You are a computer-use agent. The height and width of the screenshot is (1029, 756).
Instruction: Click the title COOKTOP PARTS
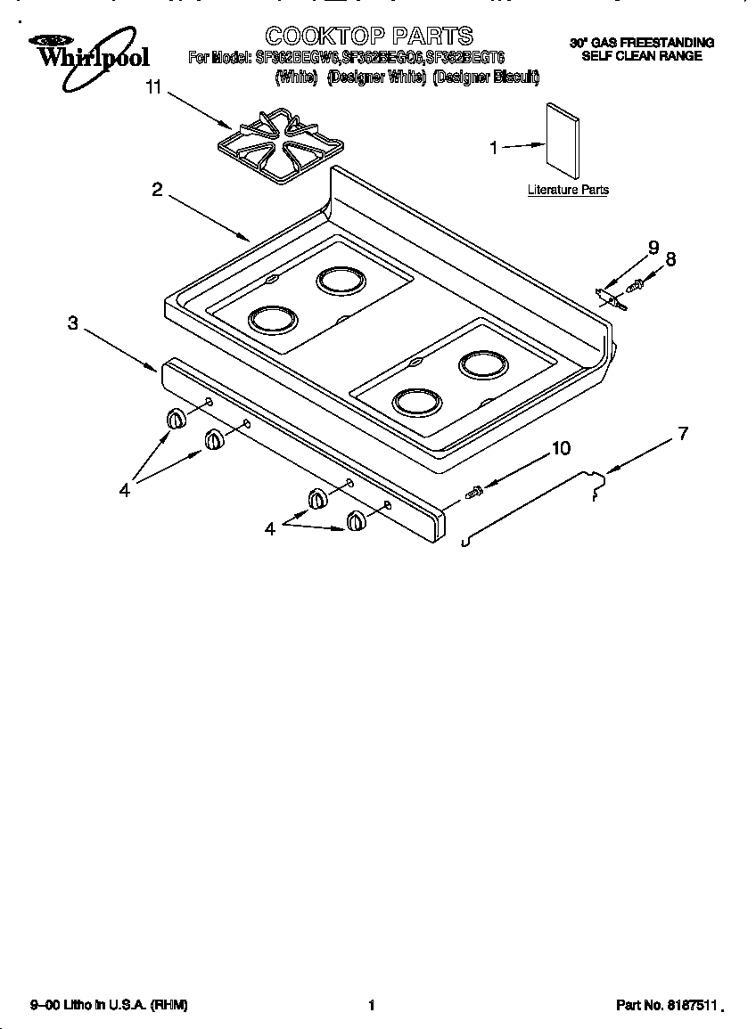369,36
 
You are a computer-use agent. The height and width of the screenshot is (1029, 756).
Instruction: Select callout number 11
153,86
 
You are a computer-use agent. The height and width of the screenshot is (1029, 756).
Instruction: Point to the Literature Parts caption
568,190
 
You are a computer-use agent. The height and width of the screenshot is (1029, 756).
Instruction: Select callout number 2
157,190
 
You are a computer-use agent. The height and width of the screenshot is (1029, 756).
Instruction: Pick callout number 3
73,323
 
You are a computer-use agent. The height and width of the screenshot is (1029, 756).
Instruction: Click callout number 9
653,247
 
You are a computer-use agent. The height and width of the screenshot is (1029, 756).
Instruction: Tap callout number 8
670,259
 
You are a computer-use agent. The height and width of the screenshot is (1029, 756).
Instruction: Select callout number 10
561,448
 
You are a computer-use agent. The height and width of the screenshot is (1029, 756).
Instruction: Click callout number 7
683,434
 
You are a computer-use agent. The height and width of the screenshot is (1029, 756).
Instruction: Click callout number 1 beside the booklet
494,149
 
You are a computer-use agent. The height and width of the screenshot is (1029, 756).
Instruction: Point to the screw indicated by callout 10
474,489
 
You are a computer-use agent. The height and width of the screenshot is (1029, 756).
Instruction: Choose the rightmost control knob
357,520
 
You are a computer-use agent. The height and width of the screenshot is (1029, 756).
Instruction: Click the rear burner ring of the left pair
341,281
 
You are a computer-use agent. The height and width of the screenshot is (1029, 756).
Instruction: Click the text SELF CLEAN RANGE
642,56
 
